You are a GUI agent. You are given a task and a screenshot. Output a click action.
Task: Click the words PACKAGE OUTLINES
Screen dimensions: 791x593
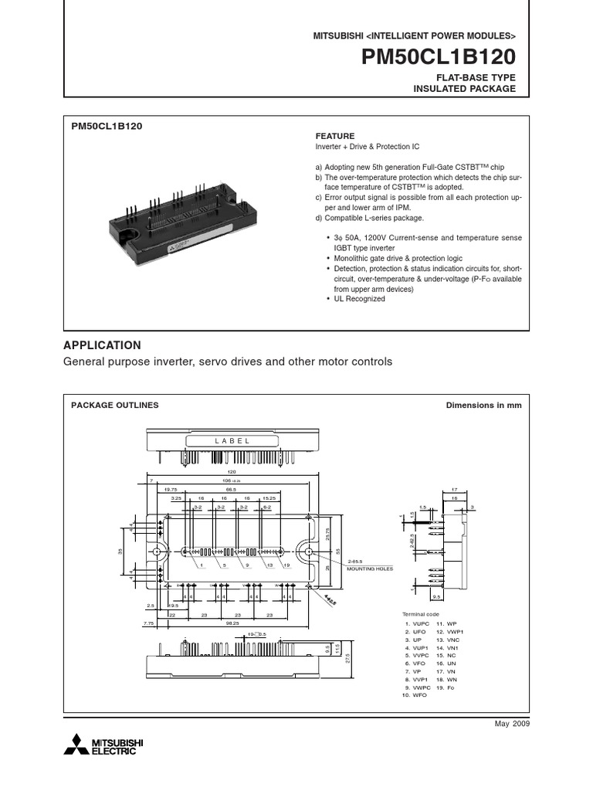pyautogui.click(x=114, y=405)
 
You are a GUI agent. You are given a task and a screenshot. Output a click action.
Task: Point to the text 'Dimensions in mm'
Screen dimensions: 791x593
pyautogui.click(x=484, y=405)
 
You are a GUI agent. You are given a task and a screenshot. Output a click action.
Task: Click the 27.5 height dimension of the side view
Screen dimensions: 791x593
pyautogui.click(x=348, y=657)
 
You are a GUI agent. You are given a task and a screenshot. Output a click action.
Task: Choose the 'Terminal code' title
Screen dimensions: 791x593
pyautogui.click(x=422, y=614)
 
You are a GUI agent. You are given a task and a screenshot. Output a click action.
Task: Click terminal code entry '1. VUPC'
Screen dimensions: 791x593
pyautogui.click(x=417, y=623)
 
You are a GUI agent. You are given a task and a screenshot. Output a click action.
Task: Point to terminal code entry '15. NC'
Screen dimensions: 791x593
pyautogui.click(x=448, y=656)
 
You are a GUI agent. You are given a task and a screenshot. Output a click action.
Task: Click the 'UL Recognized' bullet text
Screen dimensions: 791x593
pyautogui.click(x=358, y=299)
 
